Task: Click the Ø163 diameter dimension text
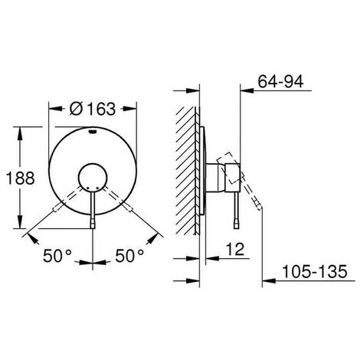point(93,109)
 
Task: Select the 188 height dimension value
point(20,178)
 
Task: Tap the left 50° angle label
point(57,256)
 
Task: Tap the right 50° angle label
point(129,256)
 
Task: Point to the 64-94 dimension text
point(280,81)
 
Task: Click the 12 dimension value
point(235,249)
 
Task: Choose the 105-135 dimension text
point(315,271)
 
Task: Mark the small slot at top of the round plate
point(93,132)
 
